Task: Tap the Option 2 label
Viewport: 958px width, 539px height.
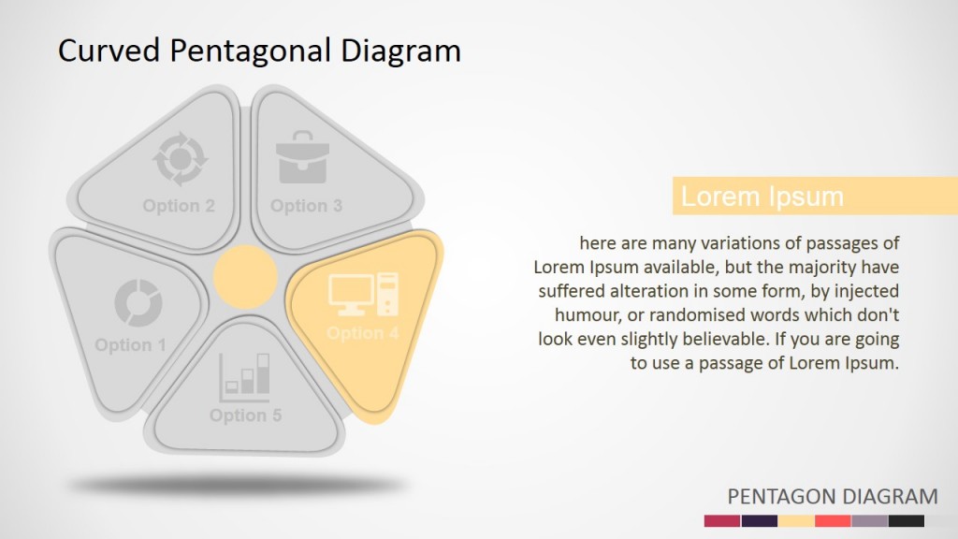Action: pyautogui.click(x=179, y=206)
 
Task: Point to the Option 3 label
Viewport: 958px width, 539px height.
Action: pyautogui.click(x=306, y=206)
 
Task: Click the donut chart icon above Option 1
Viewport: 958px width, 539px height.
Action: pyautogui.click(x=138, y=302)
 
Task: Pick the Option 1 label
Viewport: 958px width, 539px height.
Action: pyautogui.click(x=130, y=345)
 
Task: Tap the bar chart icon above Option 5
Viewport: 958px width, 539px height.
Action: pyautogui.click(x=246, y=373)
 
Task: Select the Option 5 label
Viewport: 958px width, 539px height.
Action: pyautogui.click(x=245, y=415)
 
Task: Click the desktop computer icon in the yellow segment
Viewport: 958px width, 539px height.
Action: pyautogui.click(x=363, y=294)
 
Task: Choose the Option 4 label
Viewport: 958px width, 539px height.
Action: pyautogui.click(x=362, y=333)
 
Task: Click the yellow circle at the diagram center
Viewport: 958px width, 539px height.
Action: pyautogui.click(x=245, y=277)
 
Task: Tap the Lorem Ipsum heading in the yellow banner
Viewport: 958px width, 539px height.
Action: pyautogui.click(x=762, y=197)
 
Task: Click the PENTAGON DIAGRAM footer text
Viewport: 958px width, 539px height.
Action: pyautogui.click(x=832, y=496)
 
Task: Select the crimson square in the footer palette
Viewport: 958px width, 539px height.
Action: pyautogui.click(x=721, y=520)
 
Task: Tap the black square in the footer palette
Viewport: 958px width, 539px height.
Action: pyautogui.click(x=906, y=520)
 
